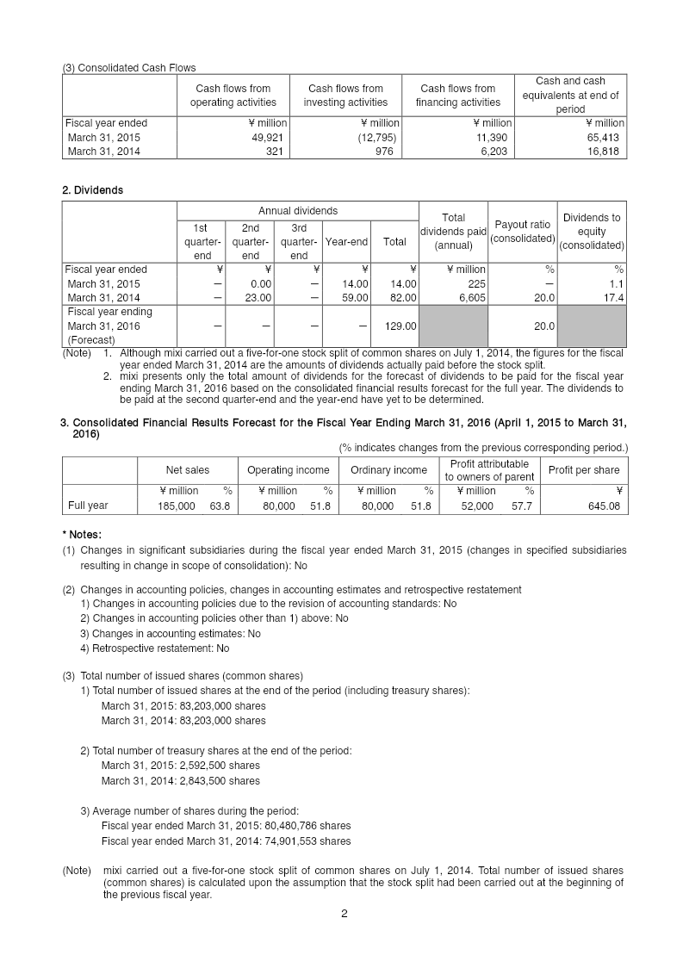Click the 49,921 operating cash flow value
tap(268, 138)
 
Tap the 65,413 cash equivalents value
tap(602, 138)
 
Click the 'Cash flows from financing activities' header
tap(457, 96)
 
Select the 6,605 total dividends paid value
tap(469, 298)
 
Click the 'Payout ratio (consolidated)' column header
tap(522, 232)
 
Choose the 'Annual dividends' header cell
tap(298, 211)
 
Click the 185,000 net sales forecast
tap(176, 506)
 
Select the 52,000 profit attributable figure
tap(477, 506)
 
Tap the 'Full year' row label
tap(88, 506)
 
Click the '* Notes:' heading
tap(87, 535)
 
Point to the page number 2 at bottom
tap(344, 914)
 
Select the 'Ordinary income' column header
tap(388, 470)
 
